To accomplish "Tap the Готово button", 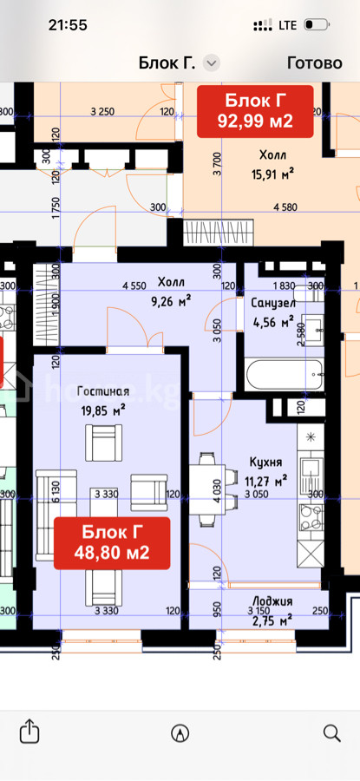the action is [x=315, y=62].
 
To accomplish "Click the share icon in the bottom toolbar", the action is [x=29, y=732].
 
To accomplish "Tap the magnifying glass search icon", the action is [x=331, y=732].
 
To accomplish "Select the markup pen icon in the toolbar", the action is [x=180, y=732].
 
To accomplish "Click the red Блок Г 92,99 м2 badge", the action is [x=255, y=111].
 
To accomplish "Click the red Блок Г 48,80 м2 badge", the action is [x=112, y=542].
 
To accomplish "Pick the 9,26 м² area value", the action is [x=174, y=300].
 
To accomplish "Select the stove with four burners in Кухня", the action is [x=311, y=517].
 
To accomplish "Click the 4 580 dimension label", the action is [x=285, y=207].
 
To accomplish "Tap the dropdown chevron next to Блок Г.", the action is [x=213, y=63].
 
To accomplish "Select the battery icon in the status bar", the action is [x=316, y=24].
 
